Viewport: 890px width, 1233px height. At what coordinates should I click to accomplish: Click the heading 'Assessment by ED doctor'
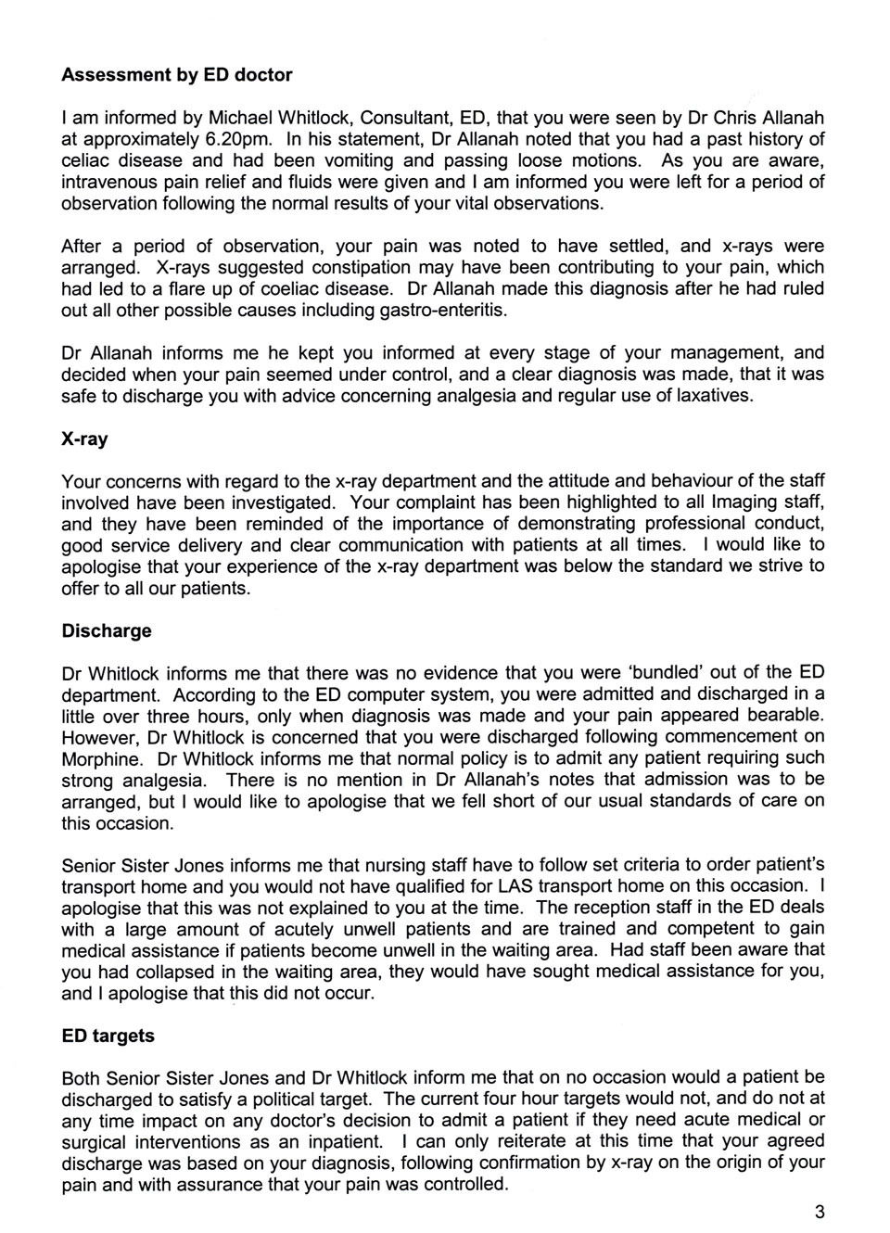176,75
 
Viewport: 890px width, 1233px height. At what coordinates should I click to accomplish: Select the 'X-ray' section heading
84,439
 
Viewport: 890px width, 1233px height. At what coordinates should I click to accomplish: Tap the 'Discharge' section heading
106,631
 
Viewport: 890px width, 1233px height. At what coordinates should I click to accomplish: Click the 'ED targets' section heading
108,1036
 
